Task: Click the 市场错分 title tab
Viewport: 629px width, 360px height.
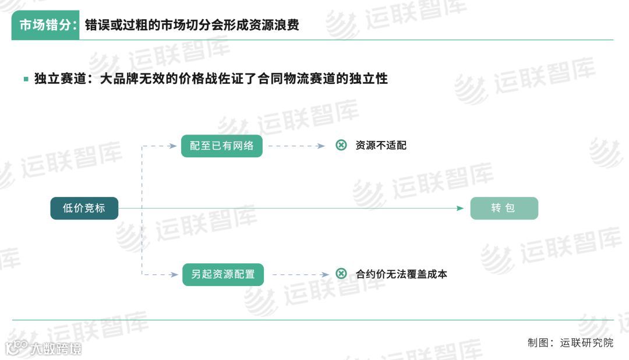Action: click(x=45, y=26)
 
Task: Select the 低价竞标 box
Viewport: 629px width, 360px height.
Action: click(x=84, y=208)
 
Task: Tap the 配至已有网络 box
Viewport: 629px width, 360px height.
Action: click(x=221, y=146)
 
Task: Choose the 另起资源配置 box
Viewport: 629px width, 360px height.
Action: click(x=222, y=274)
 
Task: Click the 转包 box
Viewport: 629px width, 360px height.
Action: click(x=504, y=208)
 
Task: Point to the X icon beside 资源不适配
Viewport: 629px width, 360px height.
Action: click(x=341, y=145)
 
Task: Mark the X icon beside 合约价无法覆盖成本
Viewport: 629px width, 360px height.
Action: click(x=341, y=273)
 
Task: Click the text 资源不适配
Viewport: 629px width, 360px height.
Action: click(x=381, y=146)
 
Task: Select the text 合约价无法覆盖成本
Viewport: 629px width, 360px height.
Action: click(x=401, y=274)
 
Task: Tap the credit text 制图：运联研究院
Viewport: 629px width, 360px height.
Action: click(x=570, y=343)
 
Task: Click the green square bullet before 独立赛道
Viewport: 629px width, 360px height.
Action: click(x=26, y=79)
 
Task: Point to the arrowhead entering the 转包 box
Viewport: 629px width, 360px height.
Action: click(x=461, y=208)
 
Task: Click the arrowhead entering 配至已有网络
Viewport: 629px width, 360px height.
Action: click(x=173, y=146)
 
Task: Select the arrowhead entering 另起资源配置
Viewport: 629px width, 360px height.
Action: click(x=174, y=274)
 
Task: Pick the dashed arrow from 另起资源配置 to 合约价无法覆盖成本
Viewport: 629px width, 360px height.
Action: click(x=299, y=274)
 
